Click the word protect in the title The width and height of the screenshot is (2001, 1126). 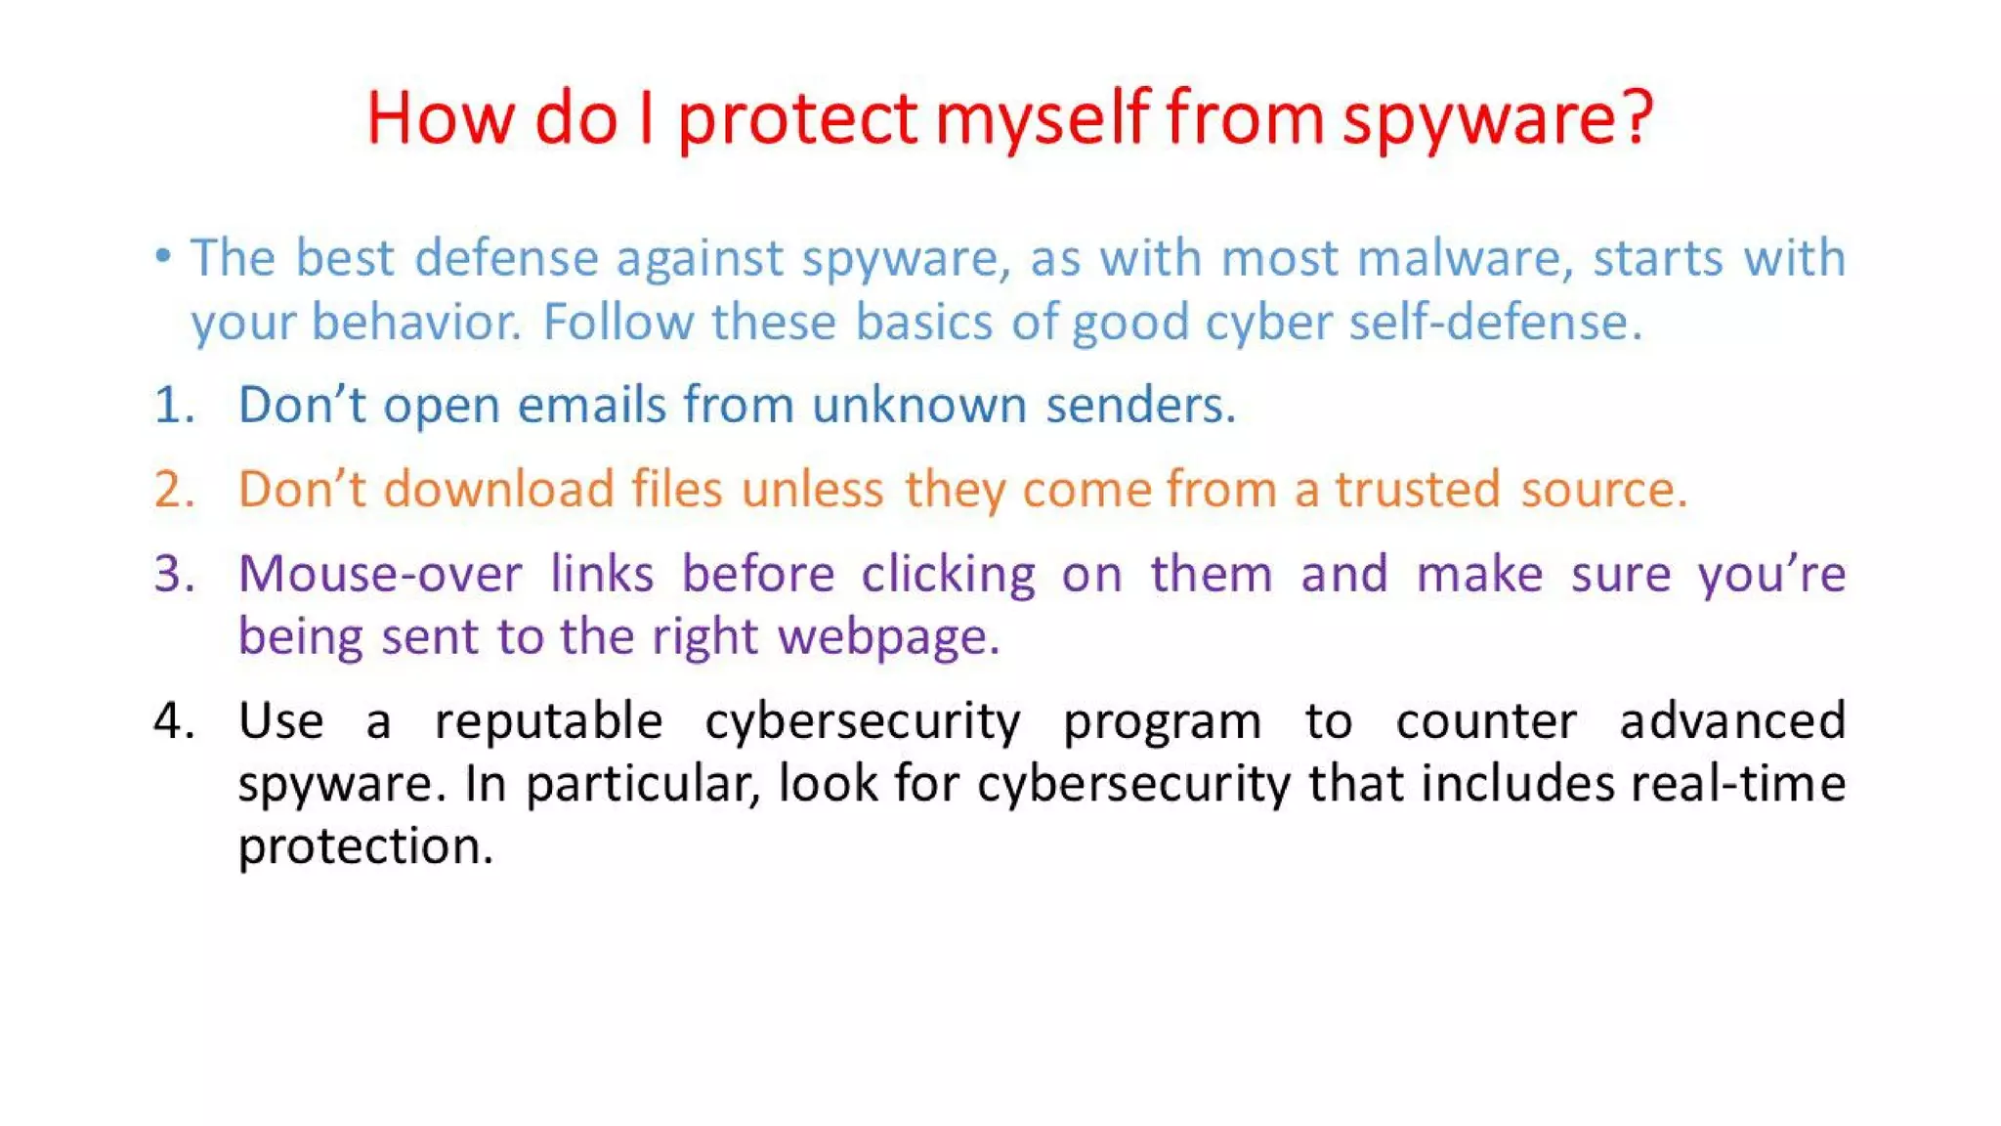tap(797, 119)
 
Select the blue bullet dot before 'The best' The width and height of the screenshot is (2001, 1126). tap(163, 257)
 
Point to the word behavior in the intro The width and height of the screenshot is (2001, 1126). tap(416, 322)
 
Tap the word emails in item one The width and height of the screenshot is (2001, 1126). tap(590, 405)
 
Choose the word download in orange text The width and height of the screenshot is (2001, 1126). tap(497, 489)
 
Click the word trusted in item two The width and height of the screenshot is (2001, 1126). tap(1417, 489)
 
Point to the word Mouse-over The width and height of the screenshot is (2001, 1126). tap(380, 573)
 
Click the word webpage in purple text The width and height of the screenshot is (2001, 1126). tap(887, 637)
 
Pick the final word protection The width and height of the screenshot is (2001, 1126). tap(364, 846)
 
